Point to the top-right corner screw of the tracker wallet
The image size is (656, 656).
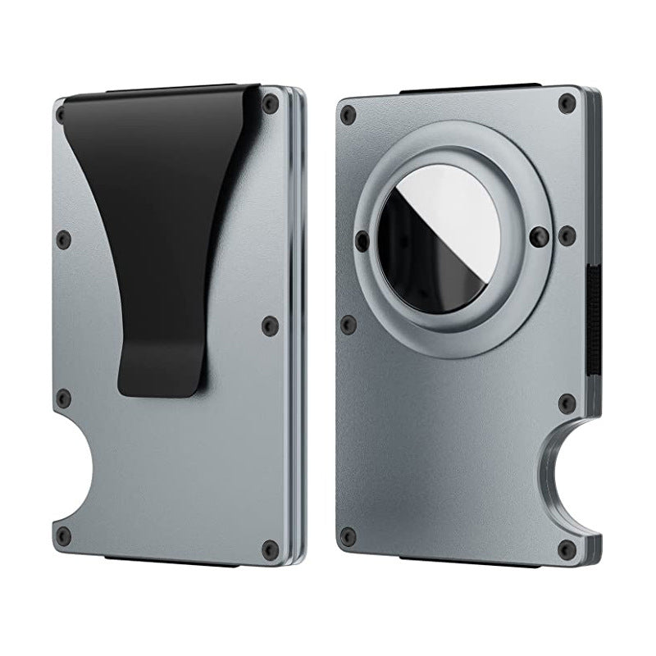[x=565, y=102]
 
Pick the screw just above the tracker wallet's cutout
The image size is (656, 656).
[x=566, y=402]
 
